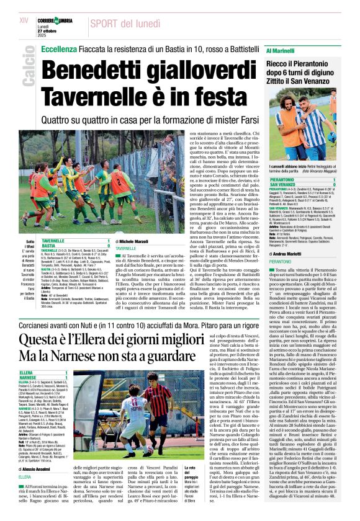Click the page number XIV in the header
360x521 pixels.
24,20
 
